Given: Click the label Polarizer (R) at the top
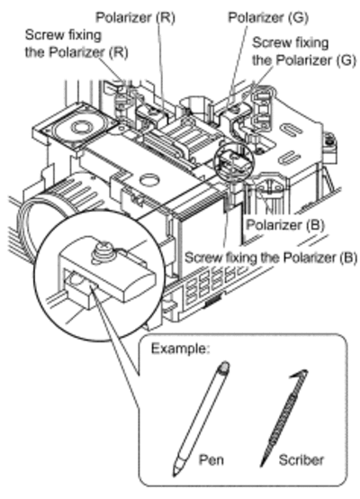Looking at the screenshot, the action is (136, 18).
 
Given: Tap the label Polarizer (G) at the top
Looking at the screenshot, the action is (268, 18).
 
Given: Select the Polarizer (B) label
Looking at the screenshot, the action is (285, 225).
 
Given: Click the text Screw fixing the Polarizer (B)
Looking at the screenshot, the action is (271, 258).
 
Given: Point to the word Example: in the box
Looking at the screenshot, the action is (180, 349).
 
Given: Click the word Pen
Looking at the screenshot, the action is (211, 460).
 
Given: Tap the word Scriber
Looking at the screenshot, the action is (301, 460).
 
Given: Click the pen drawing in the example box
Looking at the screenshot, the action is (202, 419).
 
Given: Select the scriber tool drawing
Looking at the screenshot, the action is (283, 419).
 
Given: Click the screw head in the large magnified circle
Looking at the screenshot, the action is (103, 253).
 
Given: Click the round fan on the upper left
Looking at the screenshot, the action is (78, 126).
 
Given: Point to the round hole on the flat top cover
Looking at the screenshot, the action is (149, 180).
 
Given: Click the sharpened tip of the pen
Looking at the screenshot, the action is (175, 475).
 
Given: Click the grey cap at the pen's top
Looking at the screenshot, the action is (223, 367).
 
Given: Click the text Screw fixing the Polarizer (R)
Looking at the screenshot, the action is (76, 43).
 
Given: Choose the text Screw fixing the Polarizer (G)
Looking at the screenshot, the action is (304, 51).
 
